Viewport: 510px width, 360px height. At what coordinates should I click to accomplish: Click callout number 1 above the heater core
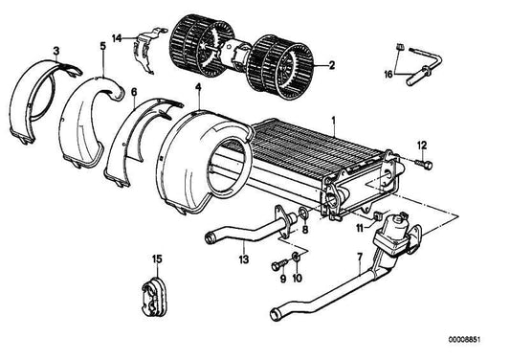[332, 122]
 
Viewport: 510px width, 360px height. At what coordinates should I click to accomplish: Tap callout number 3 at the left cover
[55, 50]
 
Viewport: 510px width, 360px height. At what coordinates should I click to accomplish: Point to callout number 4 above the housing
[197, 88]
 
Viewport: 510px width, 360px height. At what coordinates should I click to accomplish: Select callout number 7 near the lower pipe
[359, 257]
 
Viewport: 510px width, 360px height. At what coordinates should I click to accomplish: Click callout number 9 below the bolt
[282, 279]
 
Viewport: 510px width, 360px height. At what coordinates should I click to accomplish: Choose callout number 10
[299, 279]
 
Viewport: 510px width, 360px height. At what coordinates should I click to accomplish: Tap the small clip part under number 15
[157, 286]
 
